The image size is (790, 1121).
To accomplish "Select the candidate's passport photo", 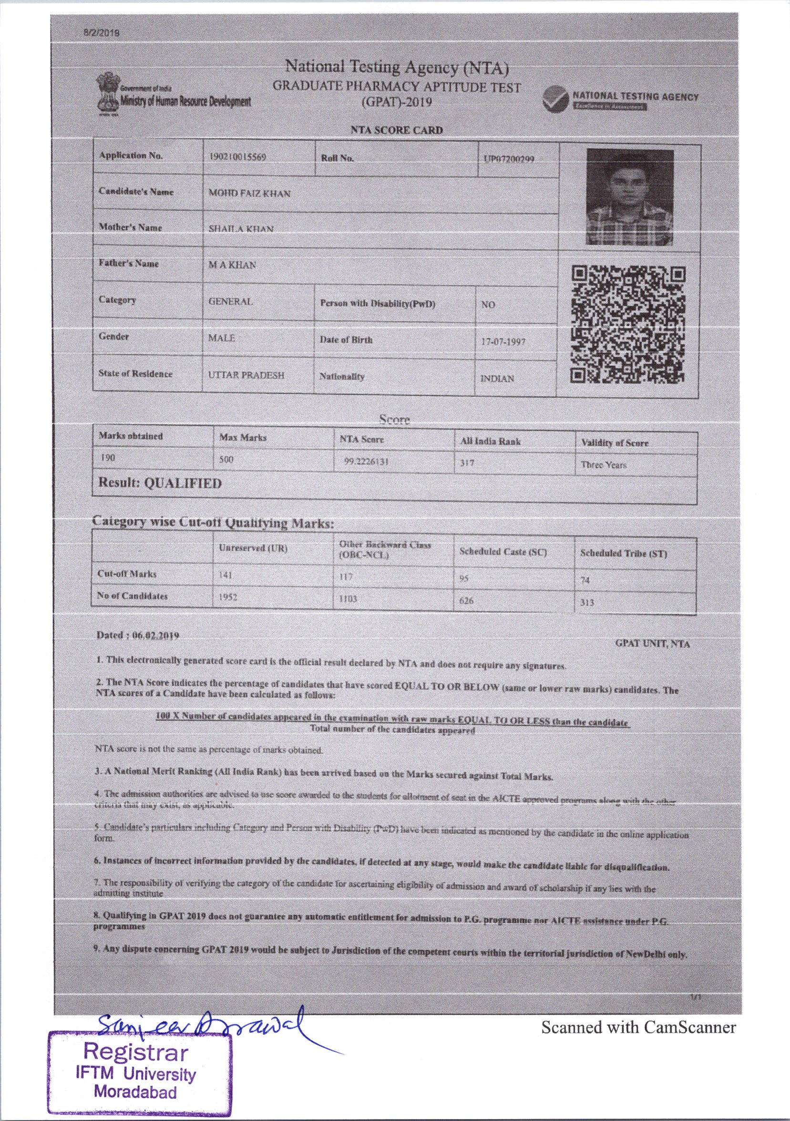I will pos(629,197).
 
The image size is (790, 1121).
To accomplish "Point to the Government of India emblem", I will pos(107,93).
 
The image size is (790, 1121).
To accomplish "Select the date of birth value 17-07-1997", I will pos(503,342).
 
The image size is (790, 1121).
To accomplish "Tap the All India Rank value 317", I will pos(467,463).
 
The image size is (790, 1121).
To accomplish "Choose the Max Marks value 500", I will pos(226,460).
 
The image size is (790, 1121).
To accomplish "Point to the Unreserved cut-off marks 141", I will pos(226,575).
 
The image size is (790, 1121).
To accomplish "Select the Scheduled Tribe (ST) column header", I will pos(623,553).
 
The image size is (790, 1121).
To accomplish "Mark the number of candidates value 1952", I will pos(228,597).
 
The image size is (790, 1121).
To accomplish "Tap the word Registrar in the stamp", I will pos(136,1053).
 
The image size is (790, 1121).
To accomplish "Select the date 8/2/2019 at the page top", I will pos(102,33).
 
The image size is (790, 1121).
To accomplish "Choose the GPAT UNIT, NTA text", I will pos(652,644).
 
